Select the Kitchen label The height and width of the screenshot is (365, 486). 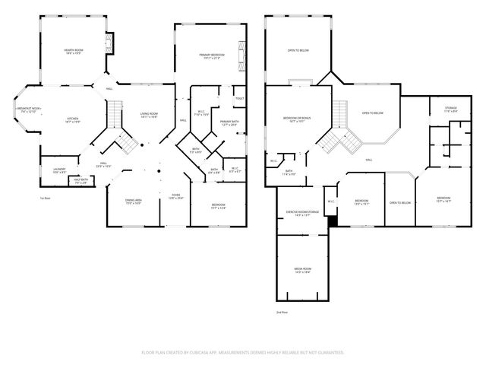tap(73, 120)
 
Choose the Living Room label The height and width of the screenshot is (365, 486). tap(148, 116)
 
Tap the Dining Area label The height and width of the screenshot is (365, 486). tap(134, 202)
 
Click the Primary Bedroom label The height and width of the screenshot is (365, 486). tap(210, 56)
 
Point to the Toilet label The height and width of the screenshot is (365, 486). tap(239, 99)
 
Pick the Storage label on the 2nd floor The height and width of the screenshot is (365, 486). tap(451, 110)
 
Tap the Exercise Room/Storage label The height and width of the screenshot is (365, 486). tap(301, 214)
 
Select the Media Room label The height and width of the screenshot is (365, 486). tap(302, 270)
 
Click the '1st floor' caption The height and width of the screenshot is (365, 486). tap(45, 198)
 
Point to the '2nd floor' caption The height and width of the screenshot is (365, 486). tap(282, 312)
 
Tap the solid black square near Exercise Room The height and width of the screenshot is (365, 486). tap(331, 221)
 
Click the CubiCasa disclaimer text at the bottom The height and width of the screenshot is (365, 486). tap(243, 352)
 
